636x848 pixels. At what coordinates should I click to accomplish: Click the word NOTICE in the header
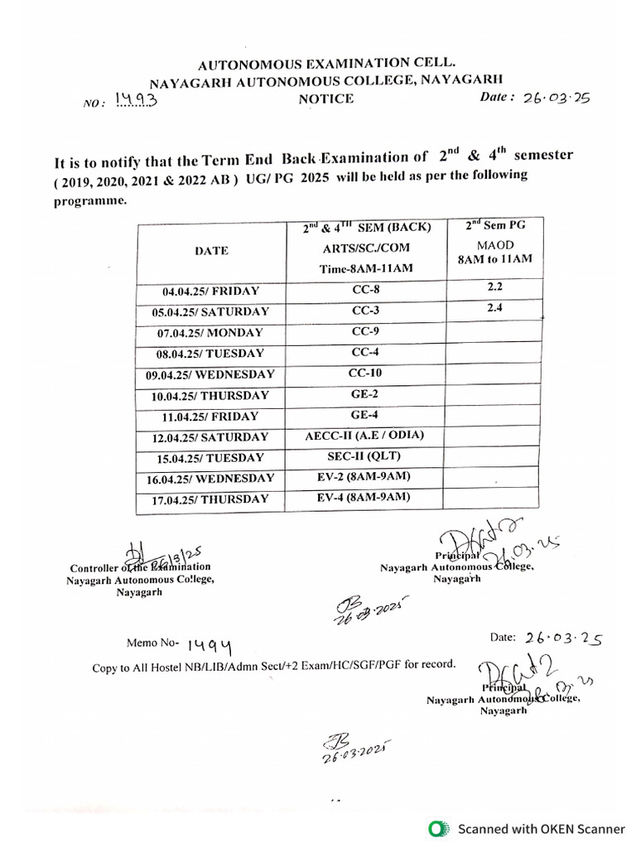click(326, 99)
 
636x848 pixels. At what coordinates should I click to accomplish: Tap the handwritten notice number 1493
click(136, 101)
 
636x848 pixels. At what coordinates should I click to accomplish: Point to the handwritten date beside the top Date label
click(556, 97)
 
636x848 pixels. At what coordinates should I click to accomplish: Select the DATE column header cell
click(212, 250)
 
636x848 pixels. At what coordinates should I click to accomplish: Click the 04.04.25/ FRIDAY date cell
click(211, 291)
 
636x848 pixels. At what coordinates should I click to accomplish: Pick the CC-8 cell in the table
click(365, 290)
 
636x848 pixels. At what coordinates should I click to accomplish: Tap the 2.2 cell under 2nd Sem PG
click(495, 287)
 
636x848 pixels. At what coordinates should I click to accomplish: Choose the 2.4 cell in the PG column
click(495, 307)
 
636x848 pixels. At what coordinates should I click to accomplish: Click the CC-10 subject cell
click(365, 373)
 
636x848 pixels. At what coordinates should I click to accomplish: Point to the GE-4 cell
click(365, 414)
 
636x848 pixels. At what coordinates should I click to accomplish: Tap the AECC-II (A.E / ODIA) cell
click(365, 436)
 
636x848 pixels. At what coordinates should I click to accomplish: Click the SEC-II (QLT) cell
click(365, 456)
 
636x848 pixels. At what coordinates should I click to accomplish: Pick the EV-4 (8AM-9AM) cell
click(365, 497)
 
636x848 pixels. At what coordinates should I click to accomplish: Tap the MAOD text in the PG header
click(495, 245)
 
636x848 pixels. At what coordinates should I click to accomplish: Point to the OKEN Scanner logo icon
click(437, 828)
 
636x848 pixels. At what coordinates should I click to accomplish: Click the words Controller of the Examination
click(140, 567)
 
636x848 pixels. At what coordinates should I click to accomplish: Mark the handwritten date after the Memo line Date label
click(561, 638)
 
